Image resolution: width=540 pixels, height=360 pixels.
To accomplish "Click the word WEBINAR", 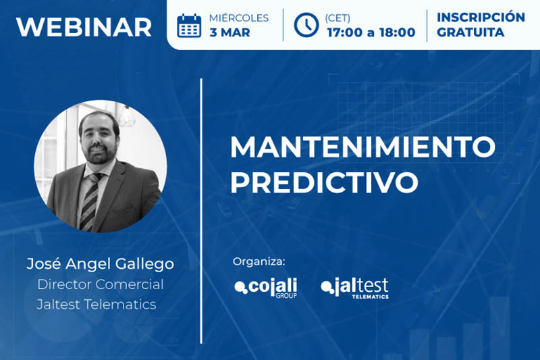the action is [x=84, y=27].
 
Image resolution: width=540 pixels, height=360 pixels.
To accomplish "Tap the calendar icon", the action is [x=189, y=26].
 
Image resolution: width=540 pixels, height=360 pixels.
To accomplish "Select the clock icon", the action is [x=306, y=25].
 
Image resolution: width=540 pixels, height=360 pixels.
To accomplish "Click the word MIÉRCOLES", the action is [x=239, y=18].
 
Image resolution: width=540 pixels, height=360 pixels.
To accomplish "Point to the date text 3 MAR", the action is [x=230, y=32].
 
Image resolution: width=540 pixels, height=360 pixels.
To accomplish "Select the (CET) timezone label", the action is [x=337, y=18].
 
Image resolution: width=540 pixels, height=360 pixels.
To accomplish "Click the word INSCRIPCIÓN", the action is [x=481, y=18].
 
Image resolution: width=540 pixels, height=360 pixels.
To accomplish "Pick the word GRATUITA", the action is [x=470, y=32].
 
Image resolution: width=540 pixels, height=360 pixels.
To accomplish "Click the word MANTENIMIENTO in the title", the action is [x=362, y=147].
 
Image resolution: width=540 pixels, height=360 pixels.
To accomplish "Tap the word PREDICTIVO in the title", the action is [x=325, y=182].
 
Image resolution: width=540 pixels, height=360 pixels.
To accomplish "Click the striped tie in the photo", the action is [x=90, y=201].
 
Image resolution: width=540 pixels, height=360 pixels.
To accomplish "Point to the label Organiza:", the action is [x=259, y=261].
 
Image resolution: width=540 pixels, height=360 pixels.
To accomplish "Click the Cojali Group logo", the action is [x=265, y=288].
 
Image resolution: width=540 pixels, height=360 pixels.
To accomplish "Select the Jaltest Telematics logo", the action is [x=355, y=288].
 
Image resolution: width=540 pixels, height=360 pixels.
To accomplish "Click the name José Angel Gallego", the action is [x=100, y=264].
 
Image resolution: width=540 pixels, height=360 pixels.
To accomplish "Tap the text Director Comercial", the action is [x=100, y=284].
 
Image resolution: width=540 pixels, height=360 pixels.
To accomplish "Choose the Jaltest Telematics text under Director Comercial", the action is [x=97, y=304].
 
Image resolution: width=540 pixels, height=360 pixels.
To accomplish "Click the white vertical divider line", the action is [x=201, y=211].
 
